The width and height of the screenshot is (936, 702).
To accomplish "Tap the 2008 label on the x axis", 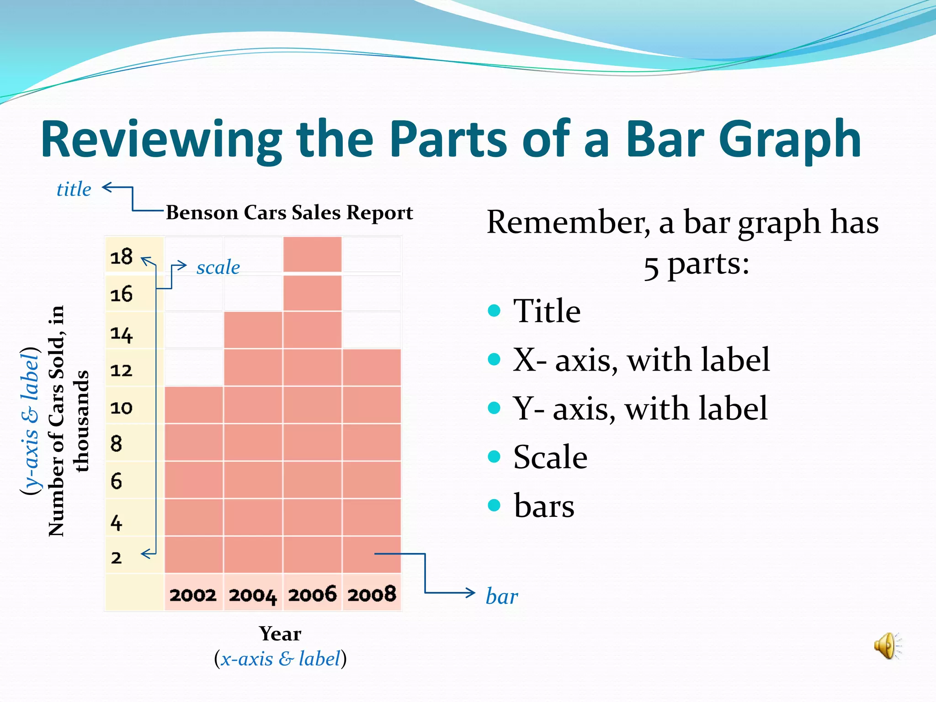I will (372, 594).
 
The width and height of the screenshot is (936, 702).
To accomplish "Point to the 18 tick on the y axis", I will (122, 256).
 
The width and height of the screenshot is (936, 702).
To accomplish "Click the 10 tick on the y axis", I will (122, 407).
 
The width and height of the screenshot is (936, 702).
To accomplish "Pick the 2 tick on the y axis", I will (117, 558).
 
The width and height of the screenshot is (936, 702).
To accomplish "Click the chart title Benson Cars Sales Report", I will (289, 213).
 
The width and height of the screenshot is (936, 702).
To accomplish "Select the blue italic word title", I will (74, 189).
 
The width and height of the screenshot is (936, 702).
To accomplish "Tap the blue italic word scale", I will (218, 267).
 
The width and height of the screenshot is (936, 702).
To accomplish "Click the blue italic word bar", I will (502, 596).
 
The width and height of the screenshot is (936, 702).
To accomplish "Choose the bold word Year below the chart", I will (280, 633).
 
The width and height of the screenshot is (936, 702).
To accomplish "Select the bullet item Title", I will (547, 311).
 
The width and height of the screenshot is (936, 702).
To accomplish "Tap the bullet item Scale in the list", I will (550, 457).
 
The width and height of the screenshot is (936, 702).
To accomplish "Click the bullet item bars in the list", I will (544, 506).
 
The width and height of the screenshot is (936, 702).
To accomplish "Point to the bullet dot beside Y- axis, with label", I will (494, 408).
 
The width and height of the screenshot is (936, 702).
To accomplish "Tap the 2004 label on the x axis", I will (253, 595).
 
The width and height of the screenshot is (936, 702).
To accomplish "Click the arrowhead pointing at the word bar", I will (471, 593).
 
